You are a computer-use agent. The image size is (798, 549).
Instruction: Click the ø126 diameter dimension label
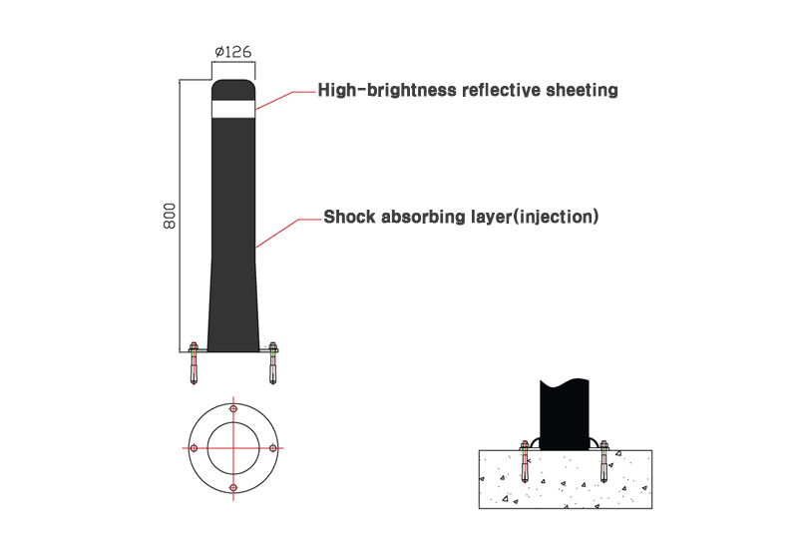coord(233,52)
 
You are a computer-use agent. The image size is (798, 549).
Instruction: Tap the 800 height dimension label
coord(170,216)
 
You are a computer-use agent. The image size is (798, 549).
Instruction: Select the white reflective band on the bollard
coord(233,109)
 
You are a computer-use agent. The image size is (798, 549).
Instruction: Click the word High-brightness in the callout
coord(387,90)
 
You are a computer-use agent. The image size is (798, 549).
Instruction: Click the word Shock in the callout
coord(350,217)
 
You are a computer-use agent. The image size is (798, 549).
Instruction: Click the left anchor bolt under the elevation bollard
coord(194,362)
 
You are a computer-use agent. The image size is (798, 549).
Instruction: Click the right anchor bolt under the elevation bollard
coord(272,362)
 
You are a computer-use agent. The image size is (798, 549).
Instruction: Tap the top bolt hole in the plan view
coord(233,409)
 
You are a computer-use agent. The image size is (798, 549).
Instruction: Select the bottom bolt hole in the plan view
coord(233,488)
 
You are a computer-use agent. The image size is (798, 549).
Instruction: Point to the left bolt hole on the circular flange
coord(194,448)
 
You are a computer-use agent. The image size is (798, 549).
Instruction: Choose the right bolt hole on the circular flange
coord(272,448)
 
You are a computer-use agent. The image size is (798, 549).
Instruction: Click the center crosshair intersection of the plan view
coord(233,448)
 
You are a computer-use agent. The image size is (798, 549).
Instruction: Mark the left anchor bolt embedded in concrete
coord(525,461)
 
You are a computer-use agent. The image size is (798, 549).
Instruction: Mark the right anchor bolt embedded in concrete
coord(604,461)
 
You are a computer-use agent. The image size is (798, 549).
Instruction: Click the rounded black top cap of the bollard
coord(233,90)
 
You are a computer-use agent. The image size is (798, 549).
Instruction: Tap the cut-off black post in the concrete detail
coord(565,414)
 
